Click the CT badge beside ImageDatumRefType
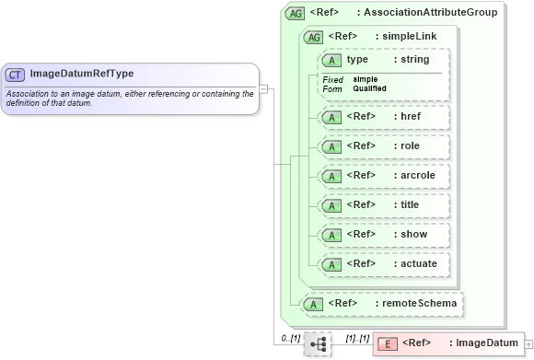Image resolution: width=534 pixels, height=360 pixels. pos(16,74)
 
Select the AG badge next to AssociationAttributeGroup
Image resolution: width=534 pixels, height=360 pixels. pos(296,14)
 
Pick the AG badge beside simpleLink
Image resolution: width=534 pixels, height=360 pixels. pos(314,37)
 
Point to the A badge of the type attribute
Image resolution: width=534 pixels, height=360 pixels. pos(331,61)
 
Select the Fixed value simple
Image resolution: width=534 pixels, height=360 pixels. pos(365,79)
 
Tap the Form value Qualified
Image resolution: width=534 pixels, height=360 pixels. pos(369,88)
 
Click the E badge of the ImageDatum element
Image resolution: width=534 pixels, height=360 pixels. pos(388,344)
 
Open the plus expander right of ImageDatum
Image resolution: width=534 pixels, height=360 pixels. pos(528,344)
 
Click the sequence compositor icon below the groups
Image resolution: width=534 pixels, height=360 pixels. pos(318,344)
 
